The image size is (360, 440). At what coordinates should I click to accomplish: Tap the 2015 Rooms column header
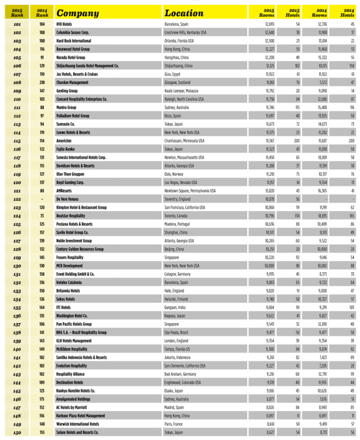click(266, 12)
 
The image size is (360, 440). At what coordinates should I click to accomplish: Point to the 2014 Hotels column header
click(347, 12)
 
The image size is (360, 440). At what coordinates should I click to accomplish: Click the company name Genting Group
click(68, 91)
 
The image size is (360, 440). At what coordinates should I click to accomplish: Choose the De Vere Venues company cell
click(69, 198)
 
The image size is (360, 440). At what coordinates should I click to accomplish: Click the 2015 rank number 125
click(17, 223)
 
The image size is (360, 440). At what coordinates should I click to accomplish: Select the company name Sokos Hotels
click(67, 298)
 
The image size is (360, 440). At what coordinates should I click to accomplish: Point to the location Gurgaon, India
click(179, 306)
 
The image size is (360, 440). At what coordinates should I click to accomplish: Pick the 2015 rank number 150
click(17, 430)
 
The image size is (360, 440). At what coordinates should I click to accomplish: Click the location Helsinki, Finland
click(181, 298)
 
